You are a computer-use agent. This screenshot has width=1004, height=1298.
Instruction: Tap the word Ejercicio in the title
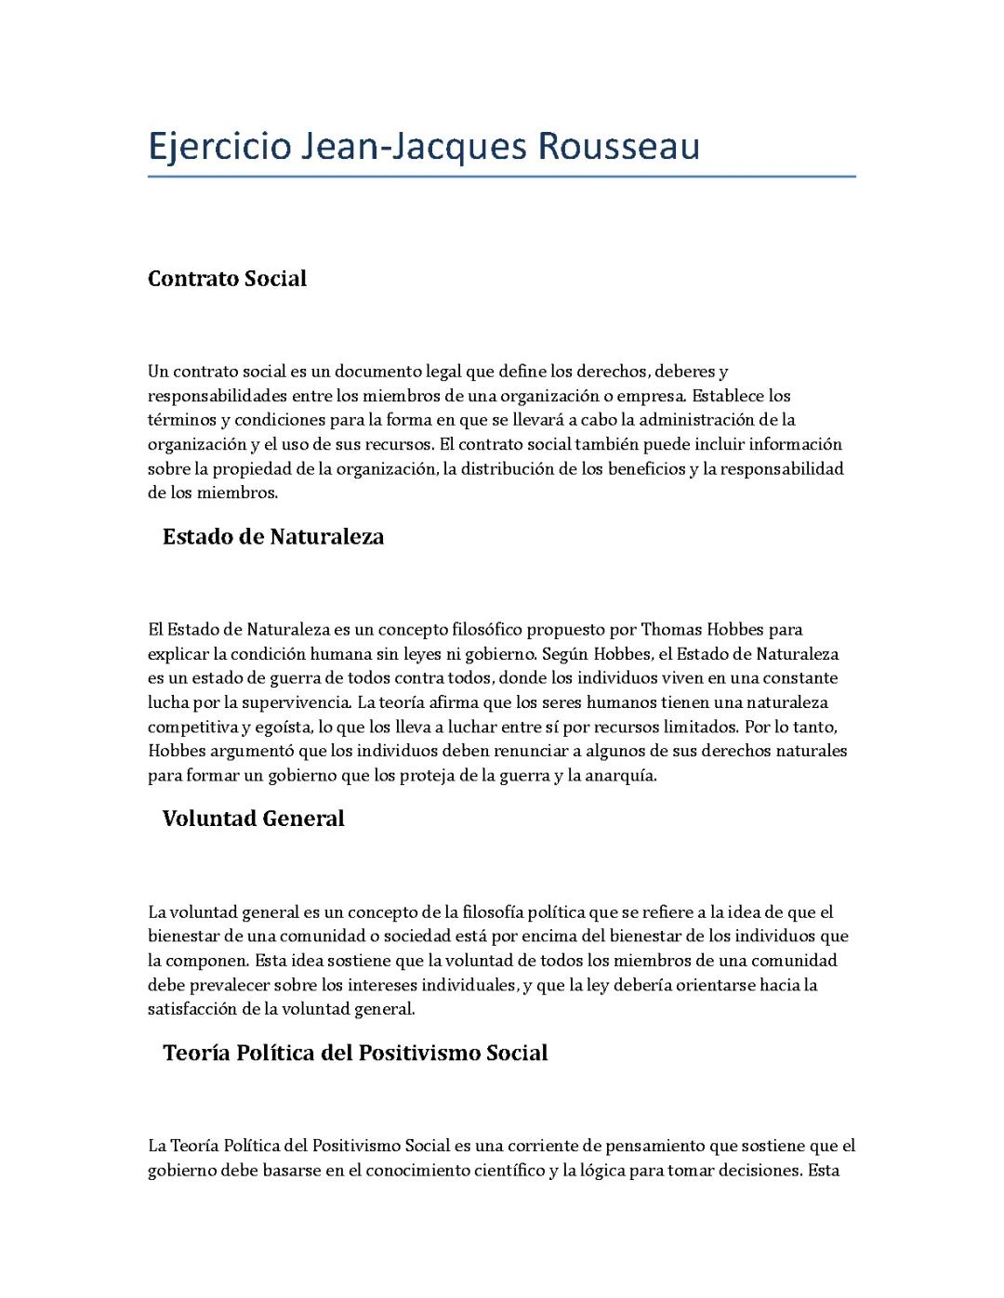tap(218, 147)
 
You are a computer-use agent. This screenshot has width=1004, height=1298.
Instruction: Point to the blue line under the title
tap(501, 176)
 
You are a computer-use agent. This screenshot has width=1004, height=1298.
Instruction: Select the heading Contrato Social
tap(227, 279)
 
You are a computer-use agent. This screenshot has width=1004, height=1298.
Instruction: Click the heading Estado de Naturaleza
tap(272, 537)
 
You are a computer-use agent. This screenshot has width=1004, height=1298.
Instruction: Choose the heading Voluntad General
tap(253, 819)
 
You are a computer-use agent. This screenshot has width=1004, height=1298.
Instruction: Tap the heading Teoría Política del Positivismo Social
tap(354, 1053)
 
